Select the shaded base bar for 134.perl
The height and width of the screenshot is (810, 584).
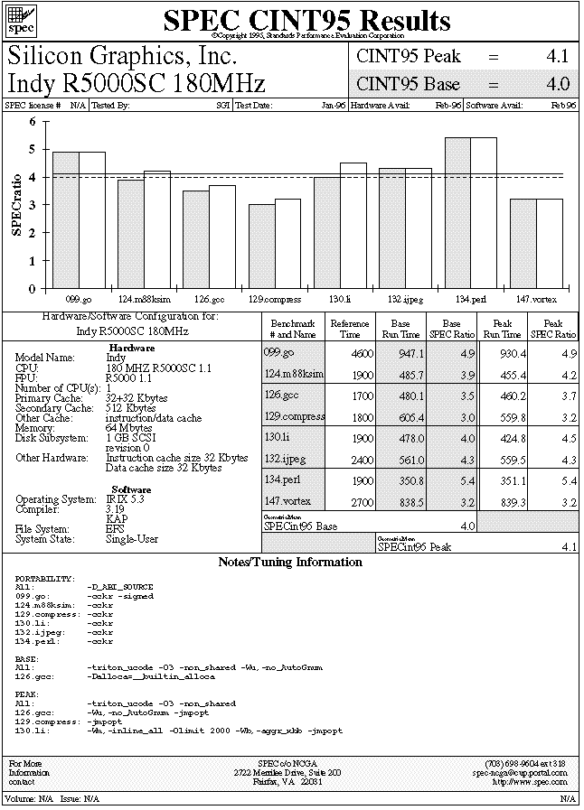click(x=457, y=213)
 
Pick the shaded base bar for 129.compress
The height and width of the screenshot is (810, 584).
click(x=262, y=247)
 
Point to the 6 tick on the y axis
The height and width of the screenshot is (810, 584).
click(x=33, y=121)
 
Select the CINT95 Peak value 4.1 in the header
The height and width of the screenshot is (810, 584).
click(x=558, y=56)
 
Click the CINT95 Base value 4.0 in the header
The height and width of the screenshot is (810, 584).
click(x=558, y=84)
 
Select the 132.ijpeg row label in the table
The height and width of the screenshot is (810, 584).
click(x=287, y=459)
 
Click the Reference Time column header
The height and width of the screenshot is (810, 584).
click(x=350, y=328)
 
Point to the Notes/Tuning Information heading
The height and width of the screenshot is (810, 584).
click(x=290, y=563)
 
